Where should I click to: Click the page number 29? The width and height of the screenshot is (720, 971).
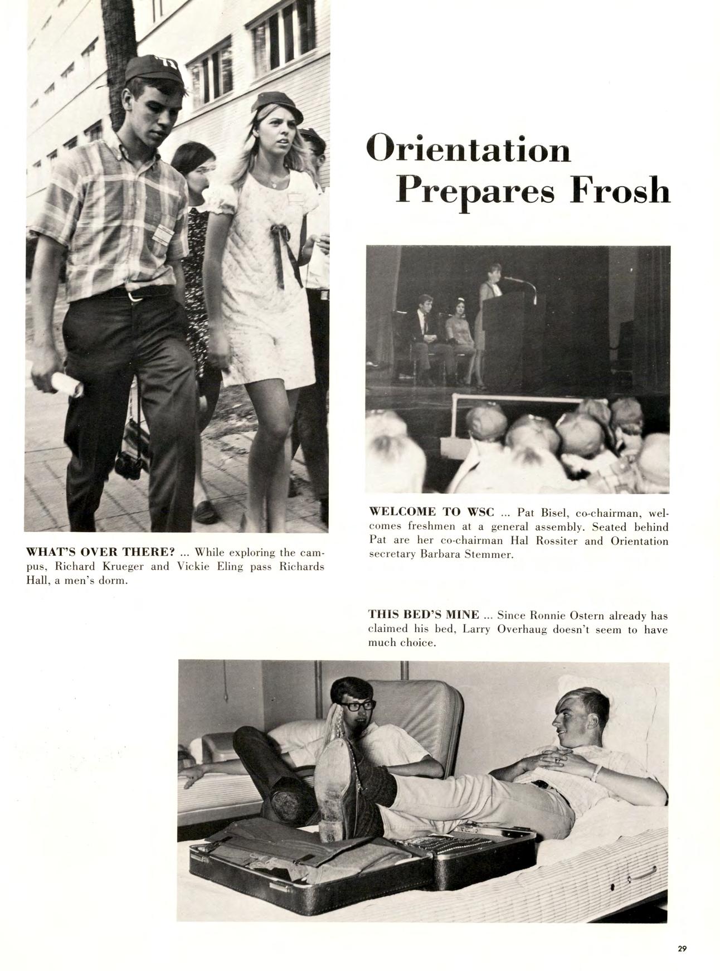click(x=682, y=949)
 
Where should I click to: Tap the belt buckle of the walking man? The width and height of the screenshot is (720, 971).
click(x=133, y=296)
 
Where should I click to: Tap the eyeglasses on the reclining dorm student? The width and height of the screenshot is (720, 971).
click(x=356, y=706)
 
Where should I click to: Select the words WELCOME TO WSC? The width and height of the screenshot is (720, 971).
click(x=432, y=512)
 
